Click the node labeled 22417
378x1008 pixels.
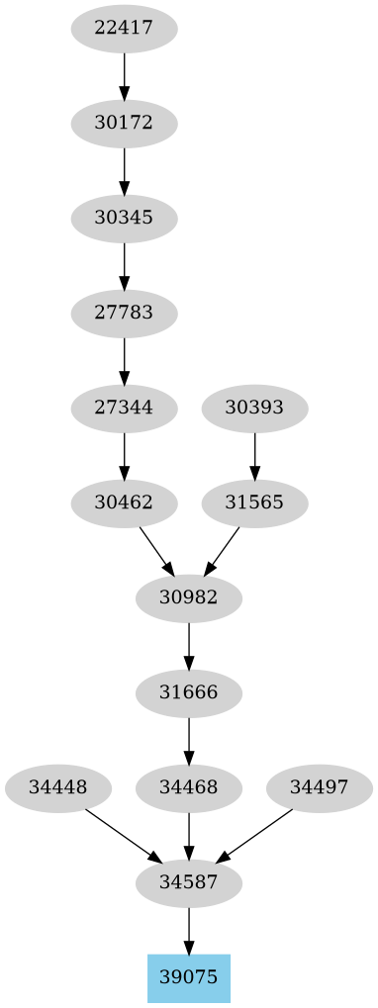124,29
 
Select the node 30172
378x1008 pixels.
124,124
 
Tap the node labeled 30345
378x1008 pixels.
124,219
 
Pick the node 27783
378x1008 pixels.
124,314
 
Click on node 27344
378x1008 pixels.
124,408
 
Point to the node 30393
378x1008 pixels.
254,408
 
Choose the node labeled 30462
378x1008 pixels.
124,503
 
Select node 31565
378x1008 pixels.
254,503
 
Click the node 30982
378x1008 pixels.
189,597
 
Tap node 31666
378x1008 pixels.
189,692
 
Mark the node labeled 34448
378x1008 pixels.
58,787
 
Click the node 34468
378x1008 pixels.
189,787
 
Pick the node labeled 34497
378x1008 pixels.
320,787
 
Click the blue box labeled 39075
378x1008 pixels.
189,977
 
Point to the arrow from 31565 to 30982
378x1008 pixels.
223,550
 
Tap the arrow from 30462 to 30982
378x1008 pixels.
156,550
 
